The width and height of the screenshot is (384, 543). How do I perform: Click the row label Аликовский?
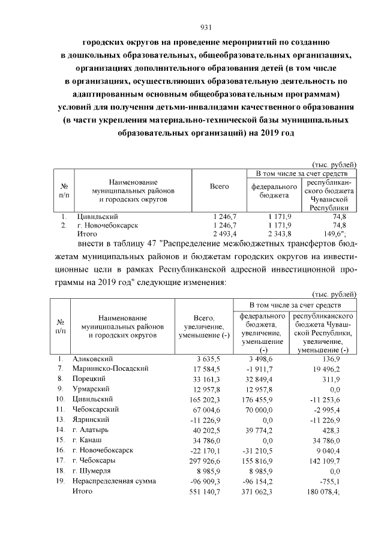coord(92,358)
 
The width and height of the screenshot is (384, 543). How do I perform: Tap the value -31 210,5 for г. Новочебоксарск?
coord(257,450)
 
